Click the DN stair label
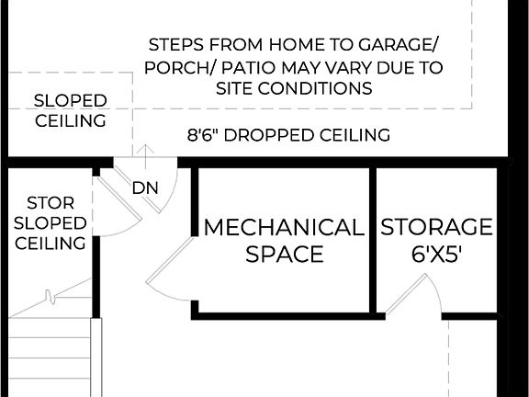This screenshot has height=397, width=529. coord(145,188)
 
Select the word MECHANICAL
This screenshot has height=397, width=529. coord(284,227)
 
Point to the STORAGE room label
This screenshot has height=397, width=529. coord(436,227)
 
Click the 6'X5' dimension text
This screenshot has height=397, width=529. coord(436,254)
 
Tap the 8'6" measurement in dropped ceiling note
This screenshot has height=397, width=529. coord(203,135)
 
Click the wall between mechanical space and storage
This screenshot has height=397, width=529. coord(374,241)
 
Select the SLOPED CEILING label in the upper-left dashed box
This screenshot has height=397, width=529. coord(70,110)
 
